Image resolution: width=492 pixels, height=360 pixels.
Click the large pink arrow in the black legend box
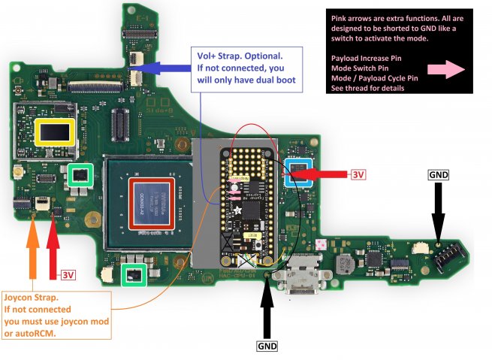click(444, 69)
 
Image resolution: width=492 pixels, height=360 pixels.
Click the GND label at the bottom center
click(266, 346)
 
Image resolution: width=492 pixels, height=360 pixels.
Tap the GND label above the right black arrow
click(438, 174)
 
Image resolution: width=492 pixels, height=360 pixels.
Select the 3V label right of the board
click(358, 174)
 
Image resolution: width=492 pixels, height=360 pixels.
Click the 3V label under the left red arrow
click(68, 275)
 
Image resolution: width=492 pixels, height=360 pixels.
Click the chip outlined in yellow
click(56, 134)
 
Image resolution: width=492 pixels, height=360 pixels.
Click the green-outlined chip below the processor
click(134, 275)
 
